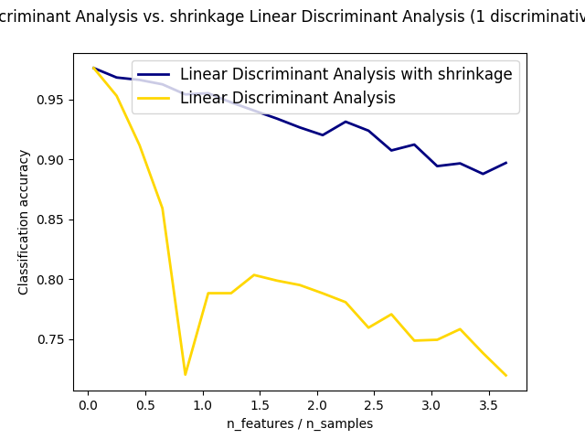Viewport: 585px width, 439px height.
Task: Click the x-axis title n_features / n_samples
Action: point(300,423)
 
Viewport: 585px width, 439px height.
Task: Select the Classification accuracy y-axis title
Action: point(24,222)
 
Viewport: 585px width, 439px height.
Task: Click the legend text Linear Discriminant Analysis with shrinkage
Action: point(346,75)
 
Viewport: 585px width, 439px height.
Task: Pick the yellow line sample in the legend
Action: point(154,99)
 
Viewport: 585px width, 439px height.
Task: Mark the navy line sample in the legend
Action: point(154,75)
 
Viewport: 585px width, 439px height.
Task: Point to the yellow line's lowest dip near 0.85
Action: point(186,374)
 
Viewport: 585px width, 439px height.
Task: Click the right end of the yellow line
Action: point(505,375)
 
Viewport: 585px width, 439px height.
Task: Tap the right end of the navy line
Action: point(505,163)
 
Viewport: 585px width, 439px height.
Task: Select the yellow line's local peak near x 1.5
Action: point(254,274)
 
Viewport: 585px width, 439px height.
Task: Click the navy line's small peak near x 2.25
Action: point(346,122)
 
